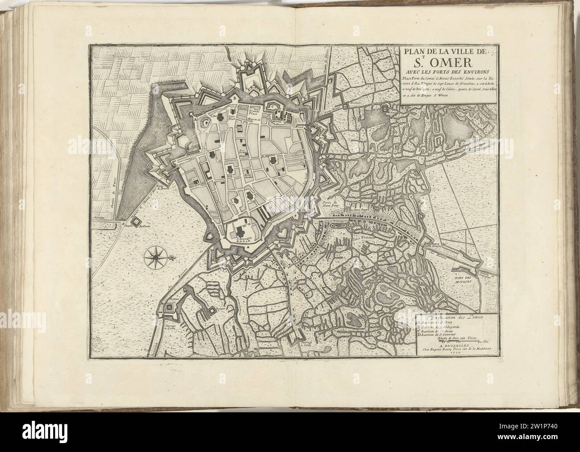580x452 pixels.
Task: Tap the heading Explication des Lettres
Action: [x=447, y=317]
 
